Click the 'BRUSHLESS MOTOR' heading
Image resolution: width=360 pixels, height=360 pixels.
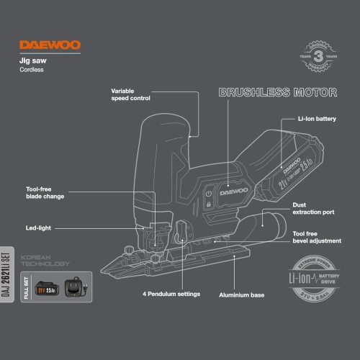[277, 93]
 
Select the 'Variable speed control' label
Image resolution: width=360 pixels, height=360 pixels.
[132, 94]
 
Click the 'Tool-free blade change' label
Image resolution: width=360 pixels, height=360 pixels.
[45, 192]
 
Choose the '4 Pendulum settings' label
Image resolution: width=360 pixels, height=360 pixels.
[170, 294]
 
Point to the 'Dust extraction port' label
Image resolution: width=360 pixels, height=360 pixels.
[314, 208]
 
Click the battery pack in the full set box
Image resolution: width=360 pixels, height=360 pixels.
[48, 289]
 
